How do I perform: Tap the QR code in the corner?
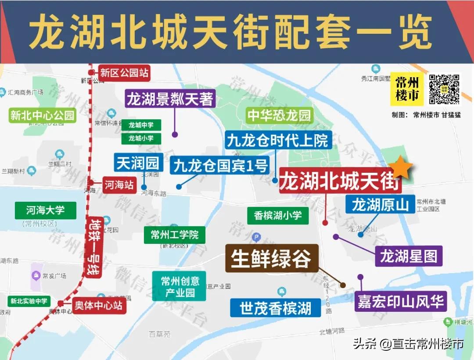tap(444, 89)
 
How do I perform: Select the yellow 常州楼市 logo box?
tap(407, 89)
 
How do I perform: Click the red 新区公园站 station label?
tap(124, 73)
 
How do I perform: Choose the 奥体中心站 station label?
tap(98, 305)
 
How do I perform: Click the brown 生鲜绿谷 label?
tap(271, 258)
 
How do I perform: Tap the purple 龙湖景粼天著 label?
tap(170, 99)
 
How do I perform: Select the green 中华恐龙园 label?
tap(279, 116)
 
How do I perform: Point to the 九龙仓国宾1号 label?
tap(220, 166)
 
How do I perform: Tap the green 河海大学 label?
tap(45, 210)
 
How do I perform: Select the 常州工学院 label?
tap(175, 235)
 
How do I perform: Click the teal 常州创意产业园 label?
tap(180, 286)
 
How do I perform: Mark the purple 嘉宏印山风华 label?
tap(400, 302)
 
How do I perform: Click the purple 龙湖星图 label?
tap(408, 256)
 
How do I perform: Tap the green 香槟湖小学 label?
tap(278, 215)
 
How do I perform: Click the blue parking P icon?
tap(257, 238)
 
